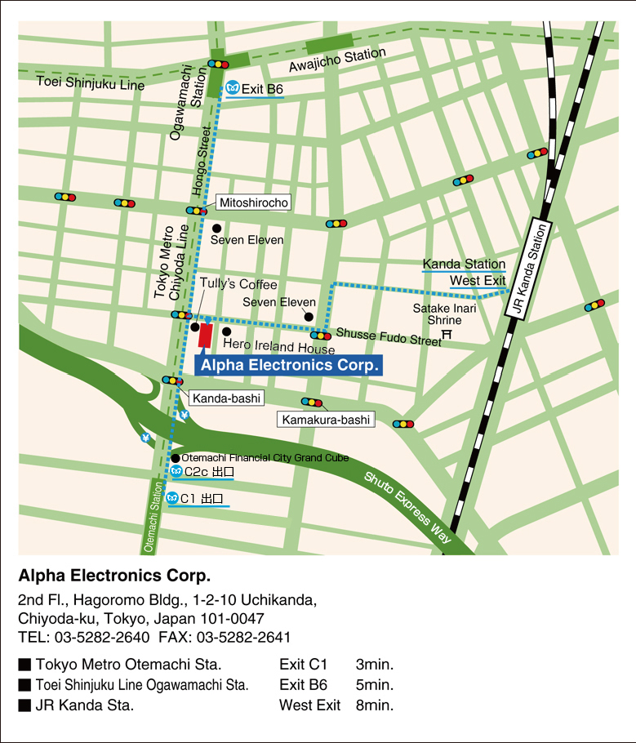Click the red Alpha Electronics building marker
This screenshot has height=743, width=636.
click(205, 336)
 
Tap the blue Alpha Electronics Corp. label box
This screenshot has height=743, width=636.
click(289, 365)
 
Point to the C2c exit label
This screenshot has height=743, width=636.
click(209, 472)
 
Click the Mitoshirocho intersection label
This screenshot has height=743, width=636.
click(254, 202)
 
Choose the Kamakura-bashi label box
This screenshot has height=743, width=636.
click(325, 420)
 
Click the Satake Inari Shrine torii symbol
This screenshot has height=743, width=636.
click(447, 334)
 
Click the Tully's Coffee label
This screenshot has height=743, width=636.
click(238, 284)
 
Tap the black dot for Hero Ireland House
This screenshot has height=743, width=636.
click(226, 331)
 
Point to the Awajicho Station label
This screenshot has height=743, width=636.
click(337, 60)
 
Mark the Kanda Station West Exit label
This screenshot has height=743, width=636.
click(464, 273)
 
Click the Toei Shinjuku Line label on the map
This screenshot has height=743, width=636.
click(91, 82)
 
